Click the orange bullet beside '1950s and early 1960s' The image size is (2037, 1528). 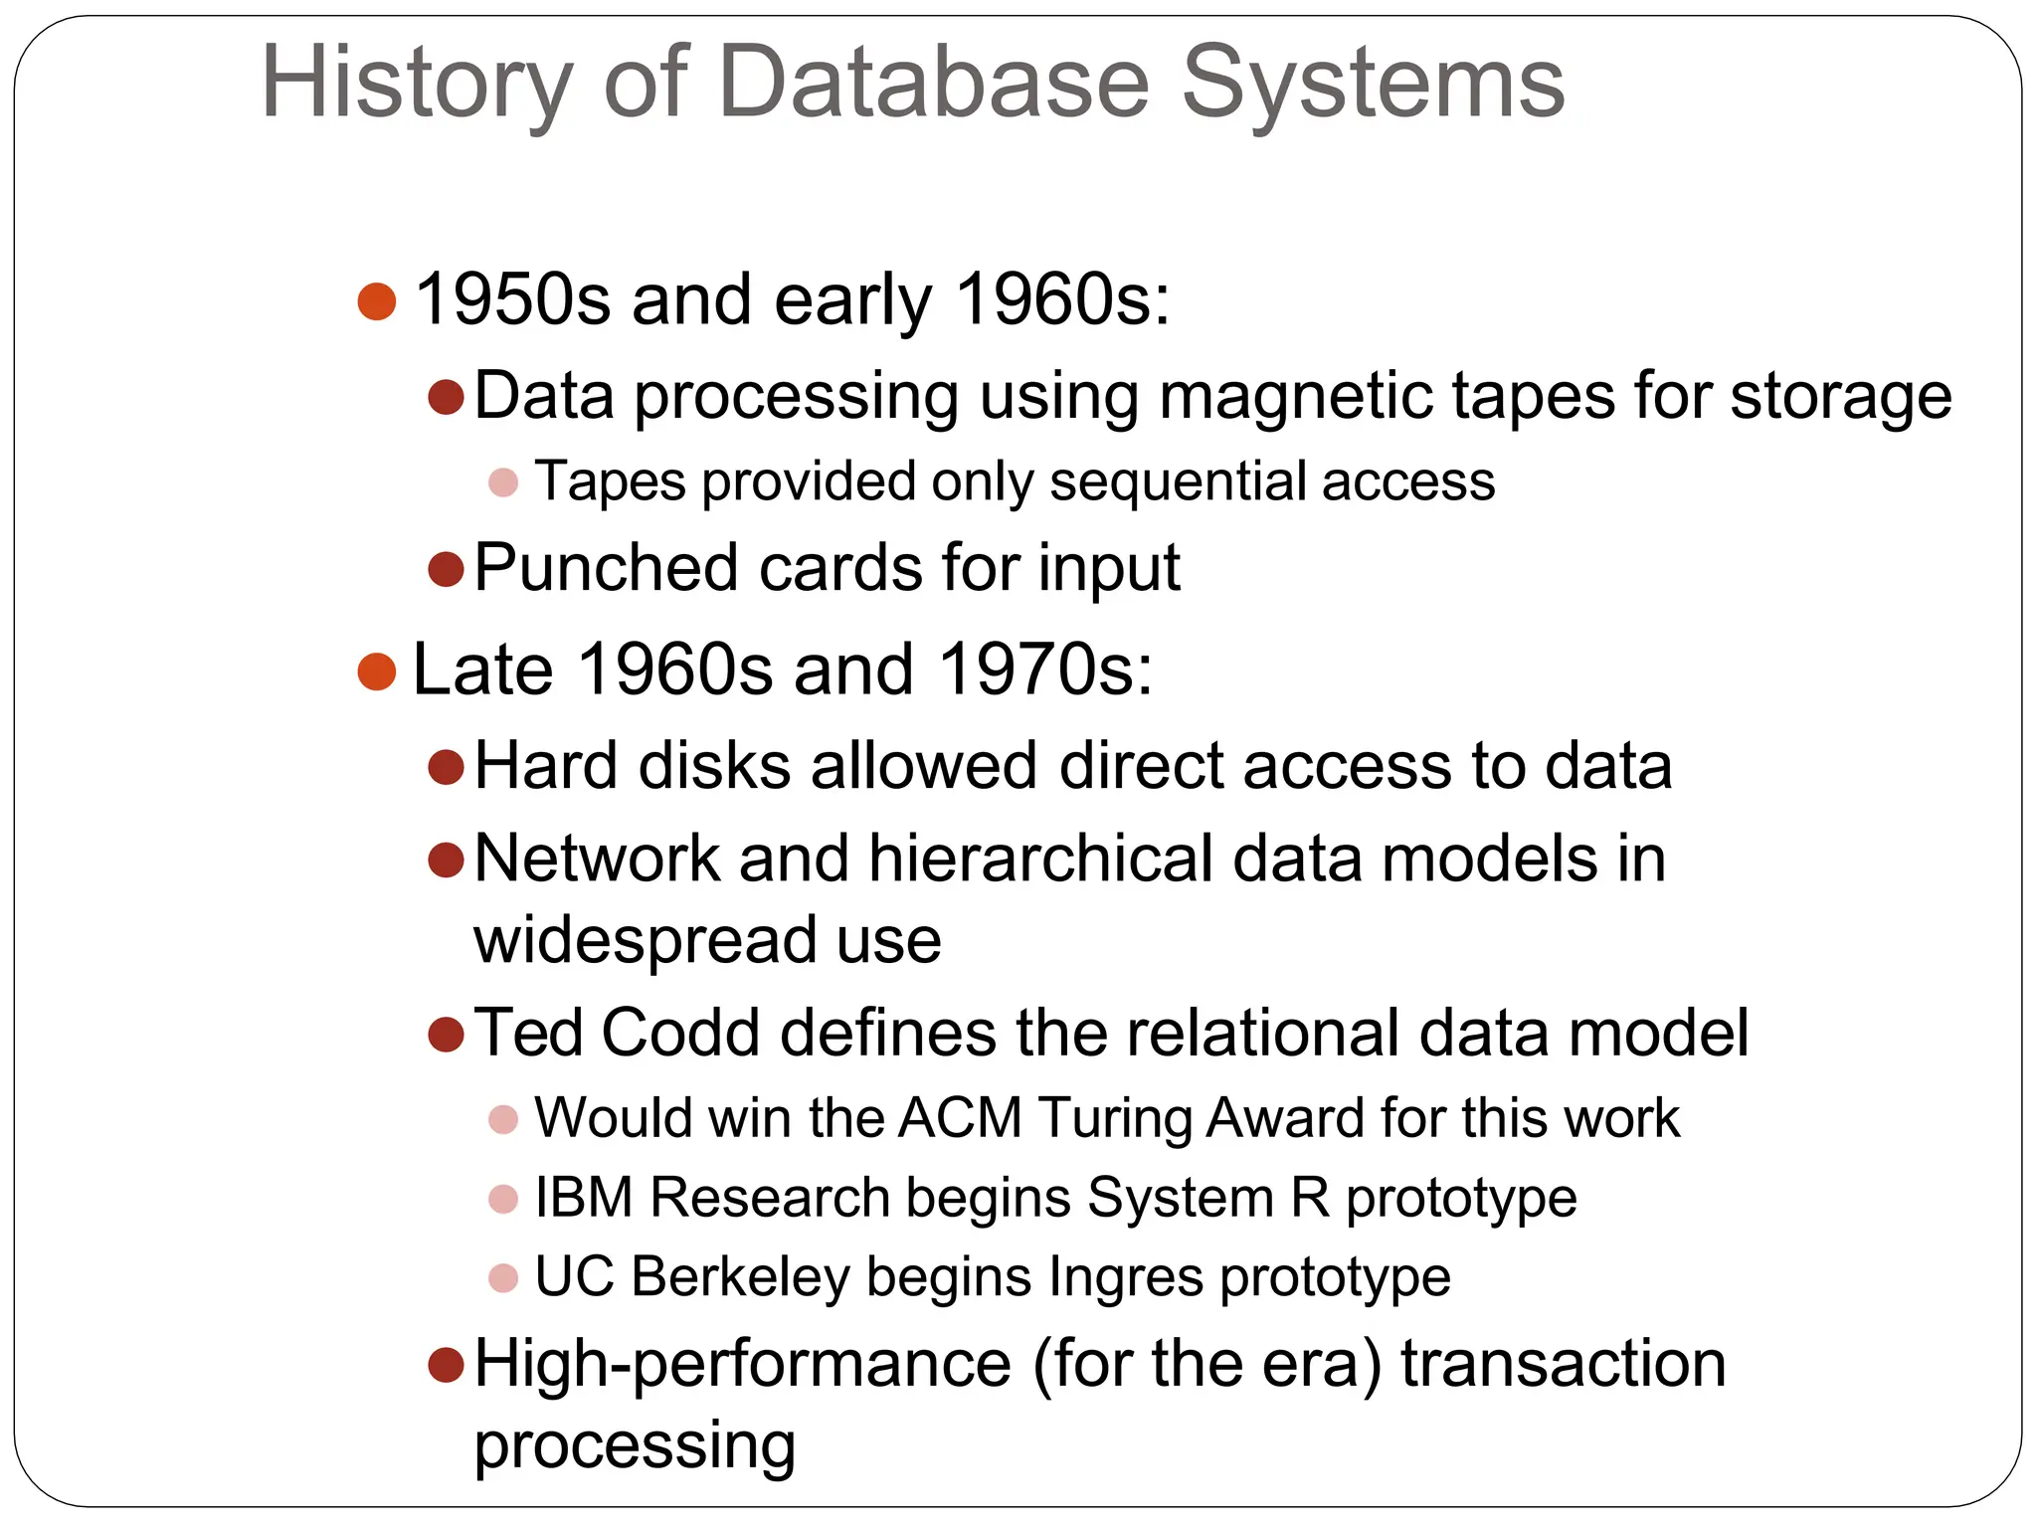coord(377,301)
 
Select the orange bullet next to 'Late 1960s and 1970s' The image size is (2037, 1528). coord(377,671)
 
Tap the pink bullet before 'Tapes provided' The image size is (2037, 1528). coord(503,483)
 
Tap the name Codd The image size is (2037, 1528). coord(680,1033)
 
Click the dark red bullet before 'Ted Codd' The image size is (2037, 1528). coord(446,1035)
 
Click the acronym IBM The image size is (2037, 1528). coord(583,1197)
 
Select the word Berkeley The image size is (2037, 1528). coord(740,1276)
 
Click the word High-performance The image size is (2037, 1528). coord(742,1364)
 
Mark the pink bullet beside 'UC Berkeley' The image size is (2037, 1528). coord(503,1278)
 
